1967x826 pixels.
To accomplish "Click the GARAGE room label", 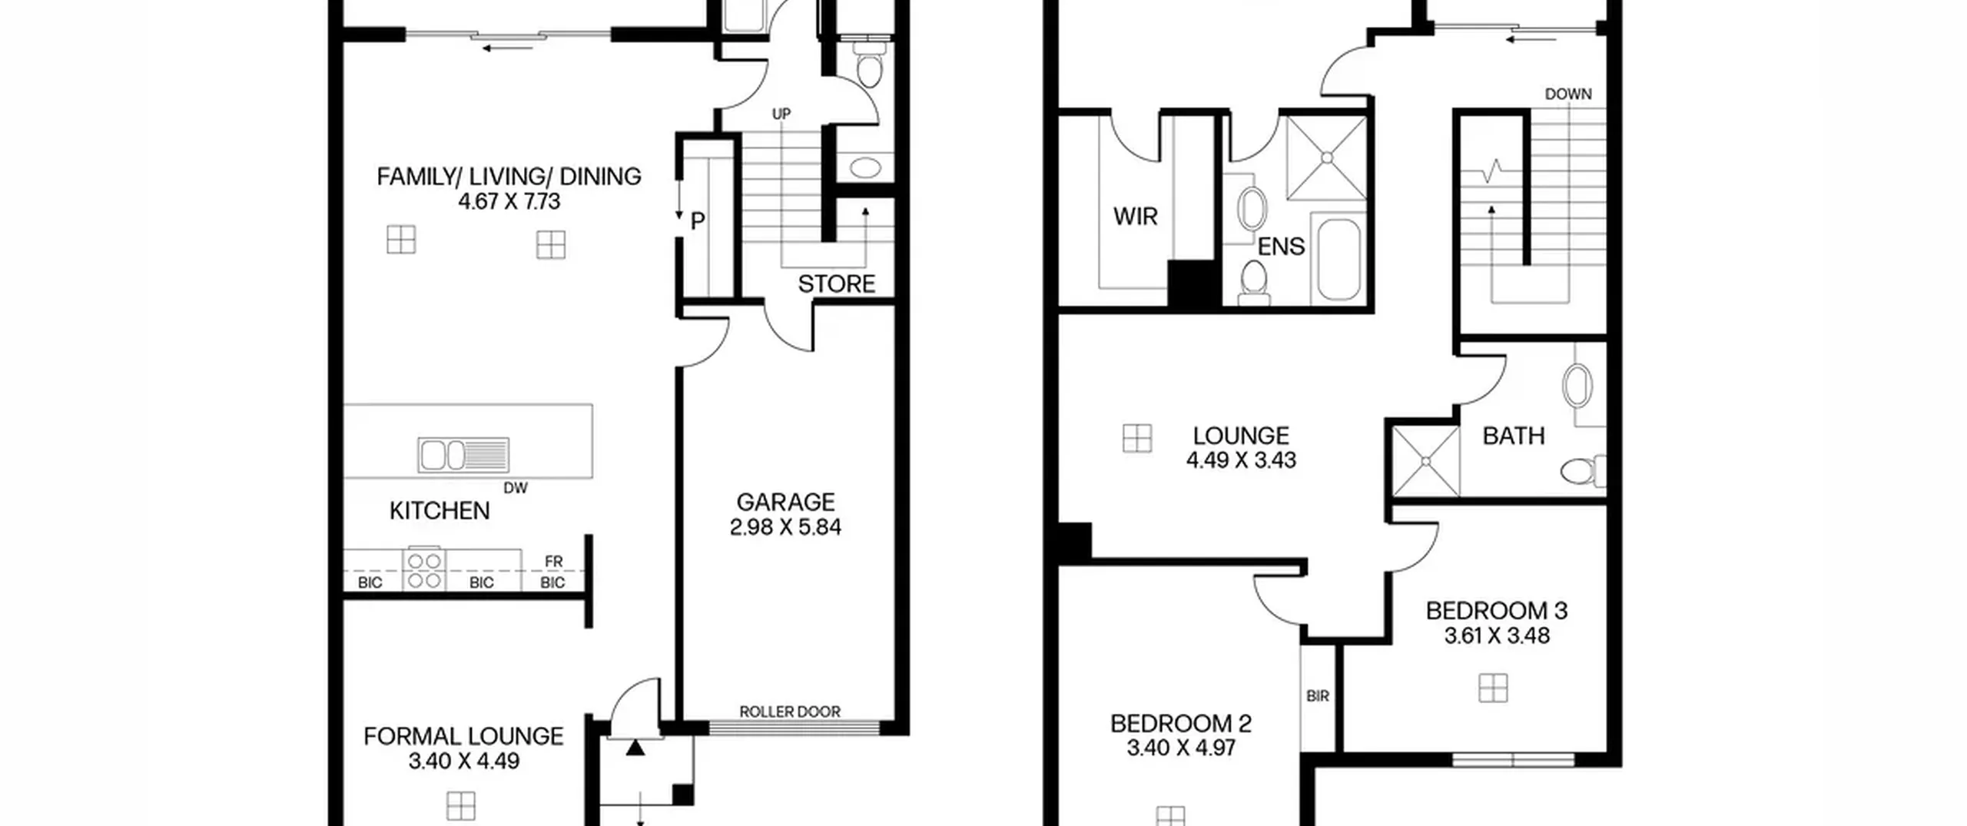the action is point(785,502).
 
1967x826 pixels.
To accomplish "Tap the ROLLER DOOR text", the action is point(790,712).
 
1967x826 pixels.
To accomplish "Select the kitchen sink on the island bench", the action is point(463,454).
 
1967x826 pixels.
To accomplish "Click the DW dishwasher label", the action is point(516,488).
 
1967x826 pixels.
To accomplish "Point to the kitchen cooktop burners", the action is point(424,569).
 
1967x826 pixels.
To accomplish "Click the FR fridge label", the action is point(554,562).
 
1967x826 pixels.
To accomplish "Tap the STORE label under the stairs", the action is point(837,284).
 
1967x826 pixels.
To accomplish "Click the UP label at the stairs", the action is point(781,114).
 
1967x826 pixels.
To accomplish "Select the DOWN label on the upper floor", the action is point(1568,94).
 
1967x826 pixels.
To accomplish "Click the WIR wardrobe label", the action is point(1135,217).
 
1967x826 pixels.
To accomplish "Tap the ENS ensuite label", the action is point(1281,247).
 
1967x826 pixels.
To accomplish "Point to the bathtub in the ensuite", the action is point(1338,260).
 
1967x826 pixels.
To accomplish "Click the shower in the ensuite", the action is point(1326,158).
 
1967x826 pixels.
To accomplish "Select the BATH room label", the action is point(1514,436).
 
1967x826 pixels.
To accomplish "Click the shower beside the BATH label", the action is point(1426,461).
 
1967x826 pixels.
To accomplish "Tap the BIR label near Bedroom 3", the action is point(1318,696).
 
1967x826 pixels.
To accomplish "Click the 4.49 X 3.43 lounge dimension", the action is point(1241,460).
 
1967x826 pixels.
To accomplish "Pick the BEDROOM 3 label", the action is point(1497,611).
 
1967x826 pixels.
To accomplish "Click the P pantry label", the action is point(698,221).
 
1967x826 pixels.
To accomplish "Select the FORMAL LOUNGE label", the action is point(463,736).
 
